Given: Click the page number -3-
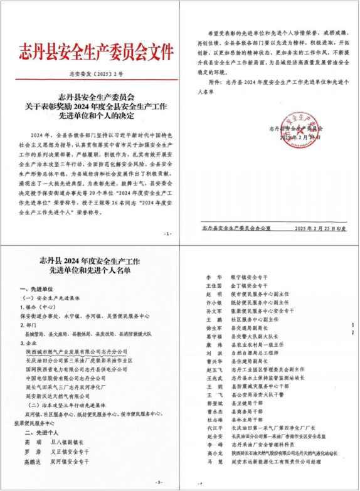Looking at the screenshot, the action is click(159, 482).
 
